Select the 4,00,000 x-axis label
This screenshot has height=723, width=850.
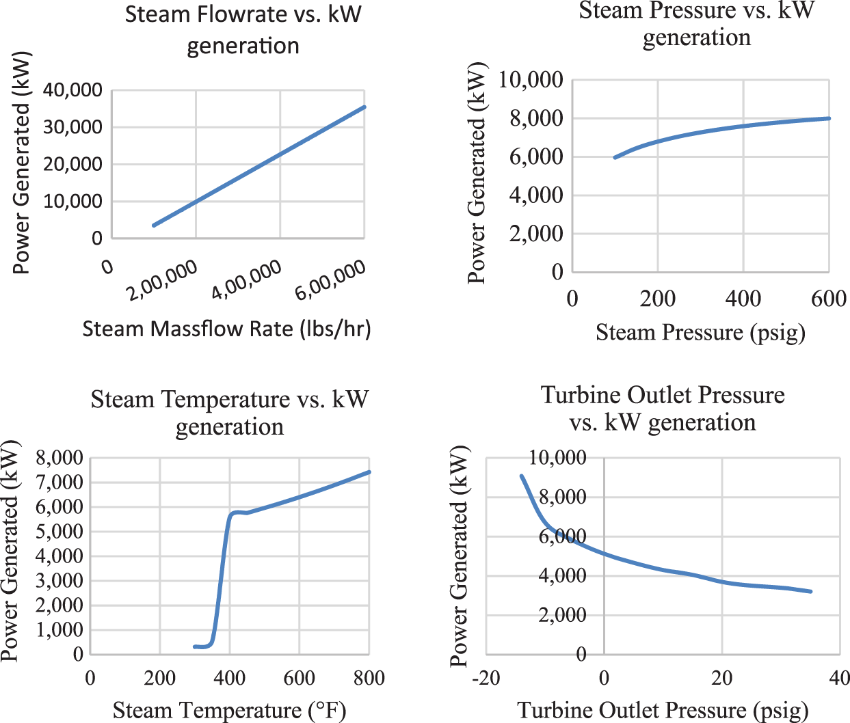pos(247,280)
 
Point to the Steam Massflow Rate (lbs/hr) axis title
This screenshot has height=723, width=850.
pos(226,329)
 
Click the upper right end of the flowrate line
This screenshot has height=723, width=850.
pos(364,107)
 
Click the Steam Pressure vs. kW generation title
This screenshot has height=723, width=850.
pos(696,23)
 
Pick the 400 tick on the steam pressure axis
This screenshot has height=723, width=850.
pos(743,299)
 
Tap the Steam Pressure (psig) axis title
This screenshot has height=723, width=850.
pos(700,333)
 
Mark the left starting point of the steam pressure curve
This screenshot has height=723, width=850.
pos(615,158)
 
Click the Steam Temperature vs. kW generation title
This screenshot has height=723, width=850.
pos(230,412)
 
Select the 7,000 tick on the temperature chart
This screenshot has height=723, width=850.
pos(59,482)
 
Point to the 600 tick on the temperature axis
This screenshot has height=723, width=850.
pos(299,678)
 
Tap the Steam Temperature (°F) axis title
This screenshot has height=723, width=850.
pos(230,711)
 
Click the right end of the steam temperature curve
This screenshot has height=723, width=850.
pos(369,472)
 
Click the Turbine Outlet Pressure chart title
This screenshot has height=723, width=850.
pos(663,409)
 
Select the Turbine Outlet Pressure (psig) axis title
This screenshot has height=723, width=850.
pos(663,711)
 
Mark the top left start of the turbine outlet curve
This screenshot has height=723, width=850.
pos(521,476)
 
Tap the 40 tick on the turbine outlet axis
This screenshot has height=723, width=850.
pos(839,678)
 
